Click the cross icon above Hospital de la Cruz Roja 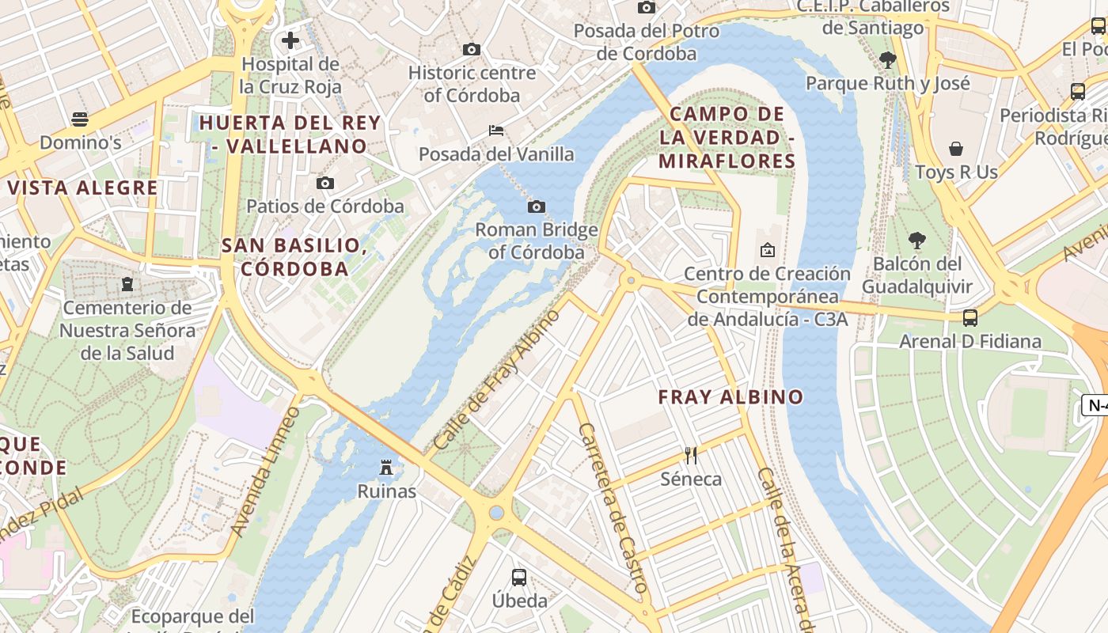(x=290, y=40)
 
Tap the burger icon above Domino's (x=79, y=119)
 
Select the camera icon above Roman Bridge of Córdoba (x=536, y=207)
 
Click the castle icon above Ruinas (x=386, y=468)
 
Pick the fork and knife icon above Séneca (x=691, y=455)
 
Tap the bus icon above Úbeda (x=519, y=578)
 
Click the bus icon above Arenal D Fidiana (x=970, y=318)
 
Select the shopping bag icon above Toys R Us (x=956, y=149)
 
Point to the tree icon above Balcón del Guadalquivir (x=916, y=240)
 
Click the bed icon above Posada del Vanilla (x=496, y=130)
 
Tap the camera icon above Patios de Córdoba (x=324, y=184)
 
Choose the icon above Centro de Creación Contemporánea (x=767, y=251)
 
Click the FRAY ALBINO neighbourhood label (x=730, y=397)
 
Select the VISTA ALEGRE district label (x=82, y=188)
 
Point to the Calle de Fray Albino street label (x=497, y=381)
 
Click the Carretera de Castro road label (x=613, y=507)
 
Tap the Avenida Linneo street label (x=266, y=472)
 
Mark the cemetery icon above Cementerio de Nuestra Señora (x=127, y=284)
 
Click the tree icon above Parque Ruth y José (x=887, y=59)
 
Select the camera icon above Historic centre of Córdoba (x=472, y=49)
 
